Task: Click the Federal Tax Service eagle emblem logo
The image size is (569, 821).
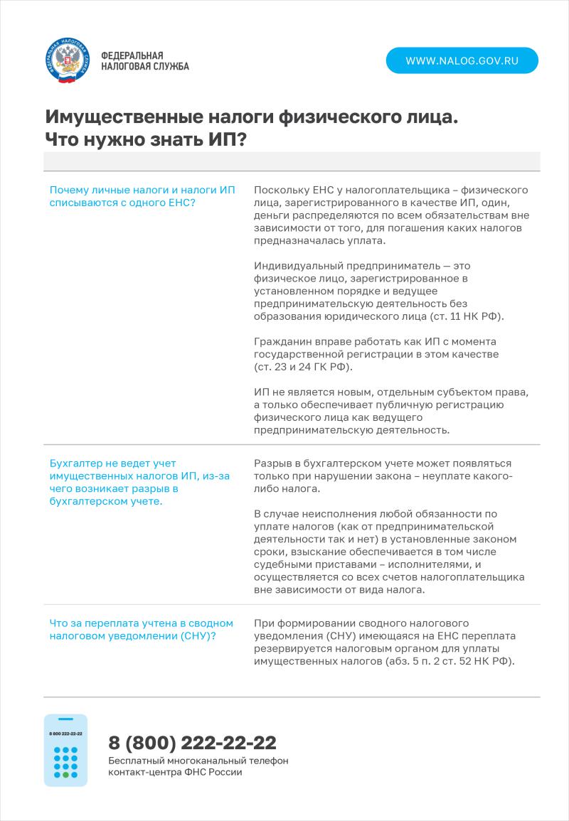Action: [x=68, y=62]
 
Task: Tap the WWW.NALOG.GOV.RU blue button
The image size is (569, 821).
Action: [x=462, y=60]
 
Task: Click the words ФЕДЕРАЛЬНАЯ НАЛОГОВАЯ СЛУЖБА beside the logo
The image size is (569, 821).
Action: [x=145, y=61]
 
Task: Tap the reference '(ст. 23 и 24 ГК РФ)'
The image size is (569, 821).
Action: [x=303, y=367]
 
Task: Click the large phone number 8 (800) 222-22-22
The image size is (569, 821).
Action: [x=192, y=743]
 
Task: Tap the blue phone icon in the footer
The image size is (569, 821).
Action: [x=65, y=750]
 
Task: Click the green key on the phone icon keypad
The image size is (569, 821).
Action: [x=65, y=774]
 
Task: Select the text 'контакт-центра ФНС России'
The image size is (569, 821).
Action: [x=175, y=773]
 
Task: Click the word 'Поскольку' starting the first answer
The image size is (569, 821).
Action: [x=280, y=191]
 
